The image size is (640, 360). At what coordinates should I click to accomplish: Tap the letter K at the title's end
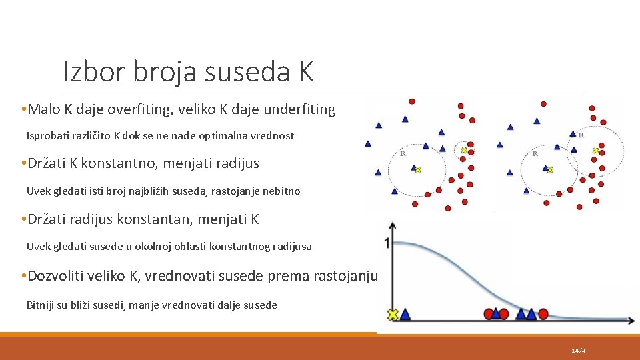click(x=305, y=71)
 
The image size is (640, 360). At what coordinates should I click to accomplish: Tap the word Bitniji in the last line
click(x=40, y=305)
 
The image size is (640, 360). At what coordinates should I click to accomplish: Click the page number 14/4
click(x=578, y=351)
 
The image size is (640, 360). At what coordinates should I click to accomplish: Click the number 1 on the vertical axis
click(x=386, y=243)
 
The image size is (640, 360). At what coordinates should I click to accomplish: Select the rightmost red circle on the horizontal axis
click(x=543, y=313)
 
